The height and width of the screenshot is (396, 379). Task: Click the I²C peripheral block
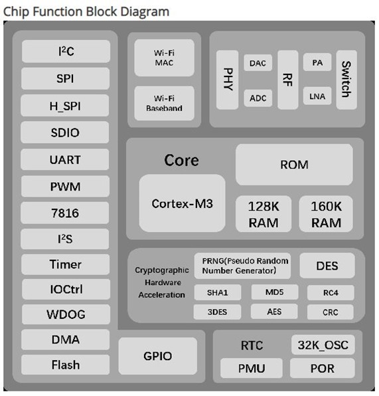pyautogui.click(x=66, y=51)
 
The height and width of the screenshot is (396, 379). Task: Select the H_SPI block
pyautogui.click(x=66, y=105)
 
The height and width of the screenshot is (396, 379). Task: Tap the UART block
pyautogui.click(x=66, y=159)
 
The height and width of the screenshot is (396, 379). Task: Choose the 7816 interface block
pyautogui.click(x=66, y=213)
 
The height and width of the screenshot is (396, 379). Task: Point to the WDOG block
pyautogui.click(x=66, y=314)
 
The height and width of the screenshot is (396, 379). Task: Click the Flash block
pyautogui.click(x=66, y=365)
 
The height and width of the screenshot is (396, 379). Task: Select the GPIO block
pyautogui.click(x=158, y=355)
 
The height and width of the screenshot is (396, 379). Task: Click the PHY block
pyautogui.click(x=228, y=79)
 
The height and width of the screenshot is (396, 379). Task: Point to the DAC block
pyautogui.click(x=258, y=63)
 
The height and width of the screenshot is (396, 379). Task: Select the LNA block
pyautogui.click(x=317, y=97)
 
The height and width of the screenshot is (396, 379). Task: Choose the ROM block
pyautogui.click(x=294, y=164)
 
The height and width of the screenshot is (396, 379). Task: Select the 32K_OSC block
pyautogui.click(x=323, y=345)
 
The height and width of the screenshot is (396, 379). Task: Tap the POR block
pyautogui.click(x=323, y=368)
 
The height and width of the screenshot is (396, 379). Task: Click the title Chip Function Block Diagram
pyautogui.click(x=86, y=11)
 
